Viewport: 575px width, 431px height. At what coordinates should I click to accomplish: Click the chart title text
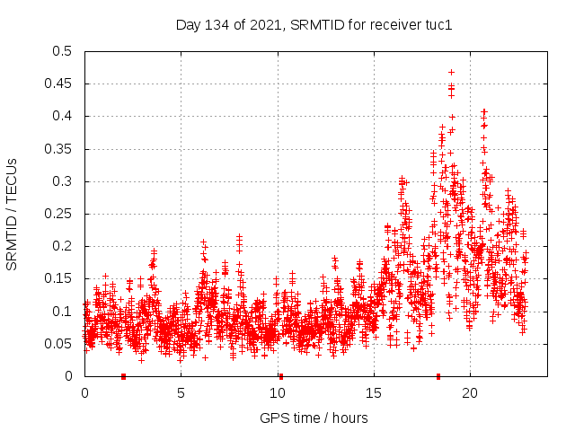coord(314,24)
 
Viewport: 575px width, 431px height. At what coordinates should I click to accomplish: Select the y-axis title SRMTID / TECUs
coord(13,214)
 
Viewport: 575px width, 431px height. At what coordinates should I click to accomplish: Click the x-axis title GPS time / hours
coord(314,418)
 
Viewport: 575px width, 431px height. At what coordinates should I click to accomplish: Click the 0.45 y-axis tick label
coord(62,84)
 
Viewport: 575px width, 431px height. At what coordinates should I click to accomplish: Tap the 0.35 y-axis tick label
coord(62,149)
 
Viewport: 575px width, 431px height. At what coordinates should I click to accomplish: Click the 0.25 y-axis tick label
coord(62,214)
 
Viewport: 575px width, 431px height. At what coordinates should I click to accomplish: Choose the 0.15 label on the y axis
coord(62,279)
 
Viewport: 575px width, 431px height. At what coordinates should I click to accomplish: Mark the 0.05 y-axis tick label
coord(62,344)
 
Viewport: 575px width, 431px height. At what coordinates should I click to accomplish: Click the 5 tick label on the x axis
coord(181,392)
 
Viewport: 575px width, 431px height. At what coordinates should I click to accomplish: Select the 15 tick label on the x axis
coord(373,392)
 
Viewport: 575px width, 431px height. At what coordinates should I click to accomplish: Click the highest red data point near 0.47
coord(451,72)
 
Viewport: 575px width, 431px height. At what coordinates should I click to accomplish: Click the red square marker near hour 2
coord(123,376)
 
